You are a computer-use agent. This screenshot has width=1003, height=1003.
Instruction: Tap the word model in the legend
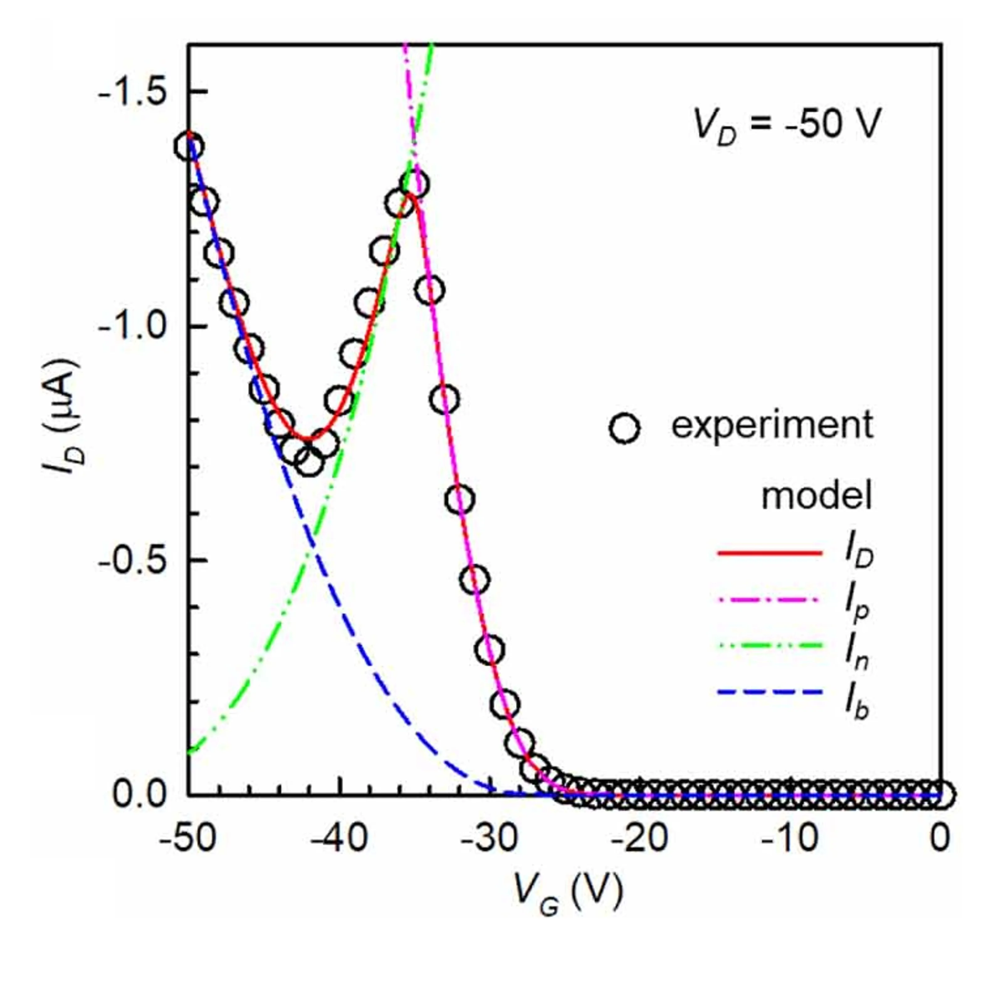coord(816,497)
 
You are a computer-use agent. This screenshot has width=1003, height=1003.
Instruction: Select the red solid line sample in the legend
coord(770,553)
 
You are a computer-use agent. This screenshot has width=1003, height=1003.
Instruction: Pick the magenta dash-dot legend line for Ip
coord(770,600)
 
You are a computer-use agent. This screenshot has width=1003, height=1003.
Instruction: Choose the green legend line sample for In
coord(770,646)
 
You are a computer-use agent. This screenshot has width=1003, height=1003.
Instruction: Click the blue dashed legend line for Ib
coord(770,693)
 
